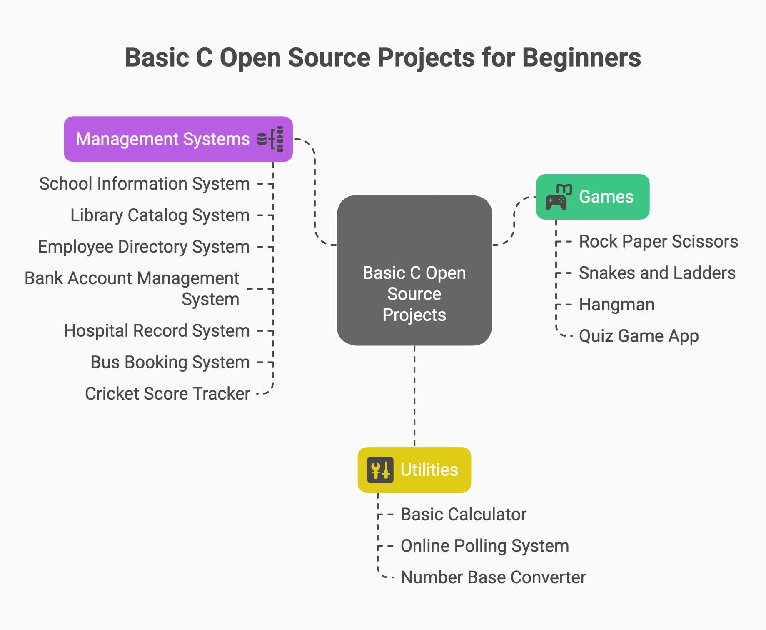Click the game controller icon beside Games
pos(558,197)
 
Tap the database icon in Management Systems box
pos(270,139)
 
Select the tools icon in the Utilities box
pos(380,470)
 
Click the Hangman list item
pos(616,305)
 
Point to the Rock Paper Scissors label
pos(659,241)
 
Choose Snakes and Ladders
pos(657,273)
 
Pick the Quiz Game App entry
pos(639,336)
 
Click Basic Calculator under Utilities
pos(464,514)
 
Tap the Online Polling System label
pos(485,546)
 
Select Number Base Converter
pos(493,577)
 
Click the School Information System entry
pos(145,184)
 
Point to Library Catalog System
pos(160,215)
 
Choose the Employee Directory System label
pos(144,247)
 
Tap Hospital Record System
pos(157,331)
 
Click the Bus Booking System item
pos(170,362)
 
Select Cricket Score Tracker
pos(167,394)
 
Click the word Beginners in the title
pos(582,57)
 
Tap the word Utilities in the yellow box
pos(429,470)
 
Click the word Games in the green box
pos(606,197)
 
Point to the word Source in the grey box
pos(414,294)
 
